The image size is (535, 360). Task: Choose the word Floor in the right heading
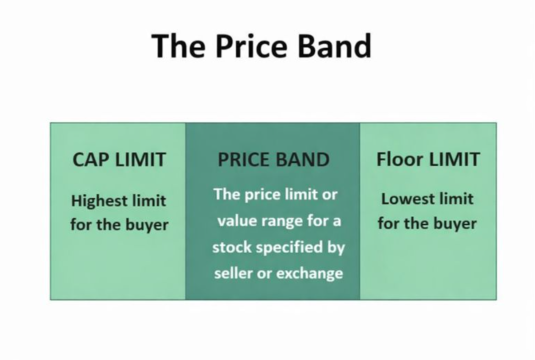tap(397, 159)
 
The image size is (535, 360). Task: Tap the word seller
tap(234, 273)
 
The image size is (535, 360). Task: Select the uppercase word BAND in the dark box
tap(302, 160)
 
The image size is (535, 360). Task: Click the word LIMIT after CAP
tap(141, 159)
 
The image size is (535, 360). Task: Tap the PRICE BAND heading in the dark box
tap(272, 160)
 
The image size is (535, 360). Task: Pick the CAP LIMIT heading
tap(118, 159)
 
